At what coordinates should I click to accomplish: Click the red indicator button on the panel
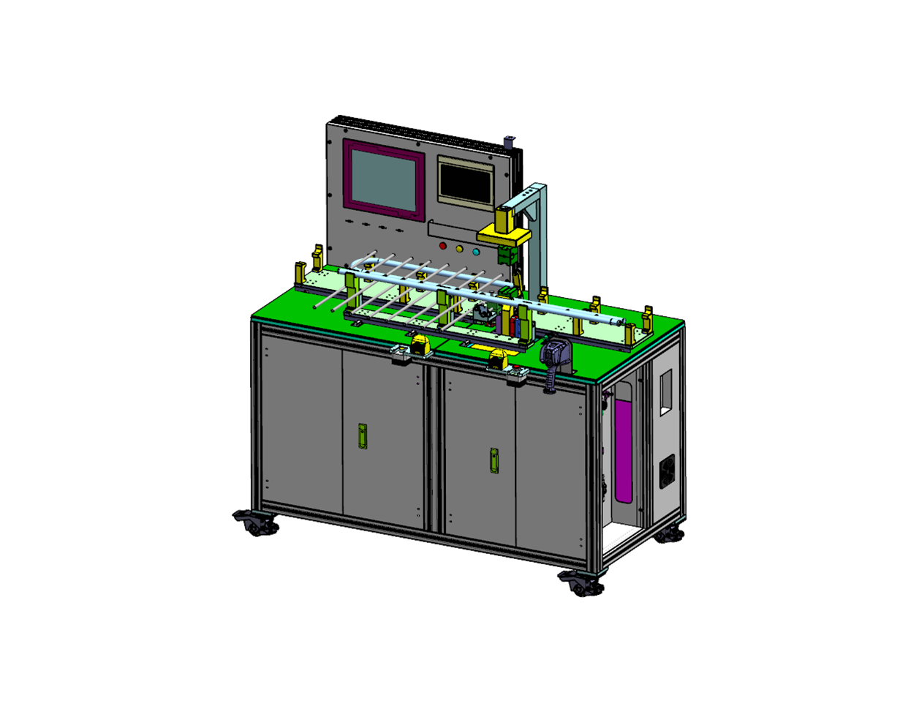tap(442, 247)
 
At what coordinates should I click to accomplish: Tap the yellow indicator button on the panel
tap(460, 250)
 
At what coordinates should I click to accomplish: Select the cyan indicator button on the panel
tap(476, 252)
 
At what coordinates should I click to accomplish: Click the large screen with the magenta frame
tap(384, 180)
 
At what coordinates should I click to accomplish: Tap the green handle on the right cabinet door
tap(495, 460)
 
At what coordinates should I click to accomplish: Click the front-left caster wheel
tap(255, 523)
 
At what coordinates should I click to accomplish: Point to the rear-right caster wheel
tap(669, 535)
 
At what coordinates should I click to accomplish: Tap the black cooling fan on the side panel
tap(667, 472)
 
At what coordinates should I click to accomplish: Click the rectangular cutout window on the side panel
tap(665, 393)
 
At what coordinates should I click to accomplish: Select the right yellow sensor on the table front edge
tap(499, 359)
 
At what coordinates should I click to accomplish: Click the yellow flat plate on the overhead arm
tap(504, 236)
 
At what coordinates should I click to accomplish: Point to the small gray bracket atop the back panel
tap(510, 139)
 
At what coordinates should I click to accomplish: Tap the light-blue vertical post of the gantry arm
tap(540, 241)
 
